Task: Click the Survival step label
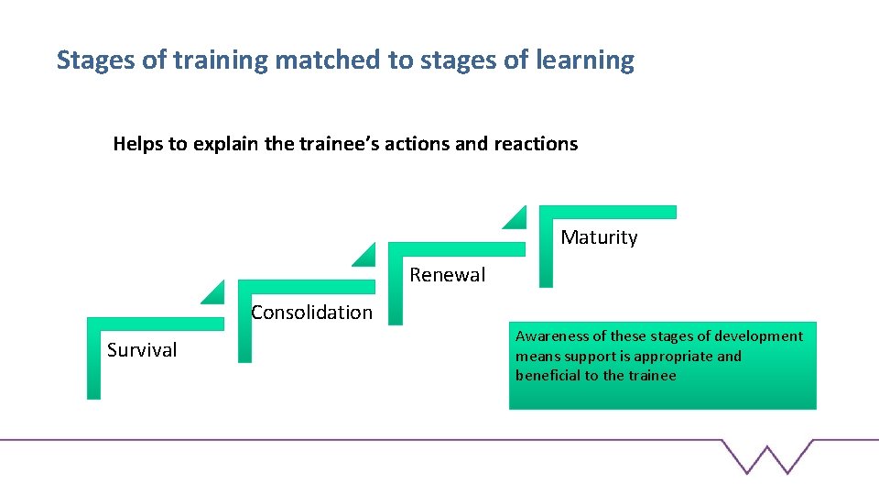click(142, 350)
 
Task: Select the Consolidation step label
click(311, 313)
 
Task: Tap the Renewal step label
click(448, 275)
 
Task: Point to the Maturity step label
click(599, 237)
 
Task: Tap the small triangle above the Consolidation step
click(364, 255)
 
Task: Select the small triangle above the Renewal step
click(515, 217)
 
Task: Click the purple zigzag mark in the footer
click(767, 456)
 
